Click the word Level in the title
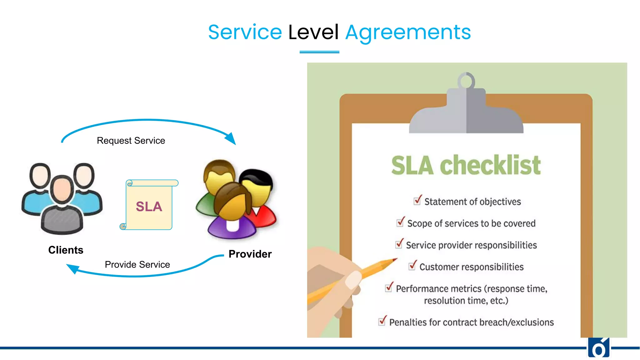[x=313, y=32]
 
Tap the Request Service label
[x=131, y=141]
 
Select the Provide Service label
[x=137, y=265]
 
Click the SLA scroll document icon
[x=149, y=205]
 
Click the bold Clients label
[x=66, y=250]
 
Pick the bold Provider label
[x=250, y=254]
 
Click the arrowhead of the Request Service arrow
[x=232, y=139]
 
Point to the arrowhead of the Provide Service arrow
[x=72, y=268]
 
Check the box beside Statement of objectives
[x=417, y=201]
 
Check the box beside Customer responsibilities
[x=412, y=266]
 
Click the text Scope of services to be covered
[x=471, y=223]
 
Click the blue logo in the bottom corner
[x=599, y=348]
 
